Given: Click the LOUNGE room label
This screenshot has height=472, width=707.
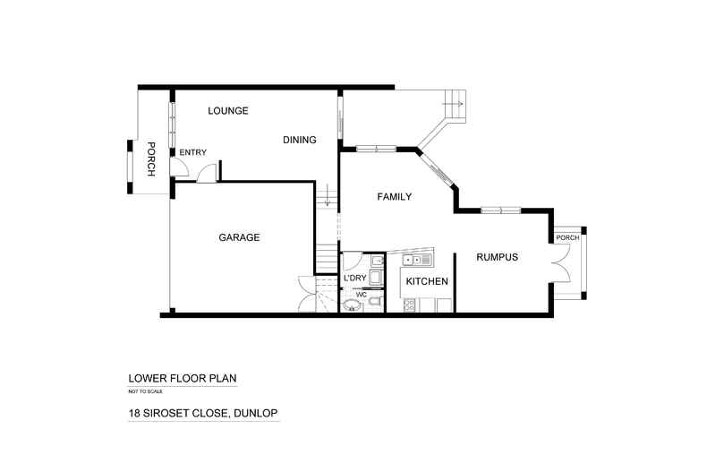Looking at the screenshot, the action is (227, 110).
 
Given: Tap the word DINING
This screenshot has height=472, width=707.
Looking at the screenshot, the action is (300, 140).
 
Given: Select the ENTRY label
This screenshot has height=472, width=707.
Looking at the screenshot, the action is (193, 152).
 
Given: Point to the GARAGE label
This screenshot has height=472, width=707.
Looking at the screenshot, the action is (239, 237).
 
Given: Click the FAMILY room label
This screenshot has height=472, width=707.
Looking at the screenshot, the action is (395, 197).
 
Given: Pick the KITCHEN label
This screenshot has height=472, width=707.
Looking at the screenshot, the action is (427, 281).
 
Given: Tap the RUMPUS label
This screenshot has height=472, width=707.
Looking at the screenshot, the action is (498, 257).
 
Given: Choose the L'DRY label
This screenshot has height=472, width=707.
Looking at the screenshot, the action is (355, 278).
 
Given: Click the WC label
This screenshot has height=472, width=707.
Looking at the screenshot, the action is (362, 295).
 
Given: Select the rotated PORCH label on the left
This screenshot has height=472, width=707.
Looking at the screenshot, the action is (151, 159).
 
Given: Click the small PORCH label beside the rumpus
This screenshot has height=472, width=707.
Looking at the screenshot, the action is (567, 238).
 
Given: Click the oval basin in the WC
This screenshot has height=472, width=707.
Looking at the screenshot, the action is (352, 305).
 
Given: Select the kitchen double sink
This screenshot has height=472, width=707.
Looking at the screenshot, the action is (417, 260).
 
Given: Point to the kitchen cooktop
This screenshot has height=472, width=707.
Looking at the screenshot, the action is (411, 305).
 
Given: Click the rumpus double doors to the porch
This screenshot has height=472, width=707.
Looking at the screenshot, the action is (558, 263).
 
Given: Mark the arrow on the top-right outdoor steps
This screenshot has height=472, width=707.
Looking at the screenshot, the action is (452, 104).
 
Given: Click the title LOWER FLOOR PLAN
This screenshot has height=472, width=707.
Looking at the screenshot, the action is (183, 379).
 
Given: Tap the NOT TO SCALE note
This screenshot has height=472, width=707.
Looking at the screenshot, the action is (145, 391).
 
